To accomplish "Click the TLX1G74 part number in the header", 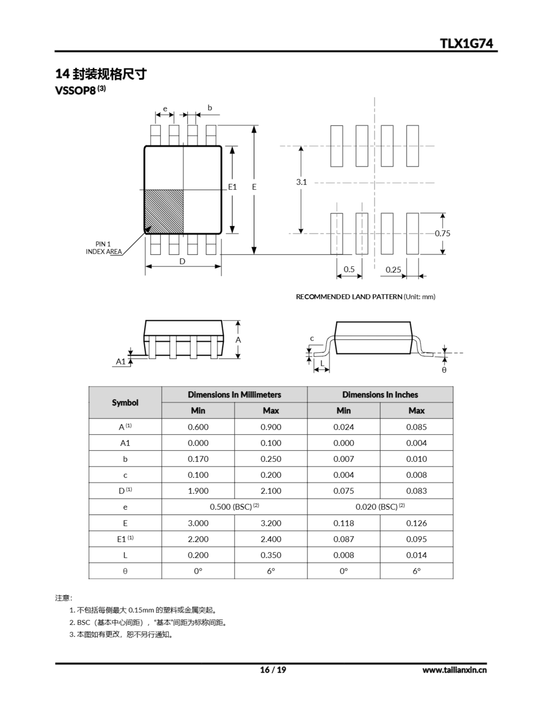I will coord(466,43).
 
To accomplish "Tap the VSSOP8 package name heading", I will coord(76,91).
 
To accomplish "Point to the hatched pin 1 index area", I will coord(164,211).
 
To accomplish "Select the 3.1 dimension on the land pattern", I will coord(301,182).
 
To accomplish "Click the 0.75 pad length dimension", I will coord(443,233).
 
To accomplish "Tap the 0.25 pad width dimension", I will coord(393,270).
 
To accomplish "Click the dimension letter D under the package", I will coord(182,262).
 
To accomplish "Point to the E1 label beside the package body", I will coord(232,187).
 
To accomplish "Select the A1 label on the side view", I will coord(121,362).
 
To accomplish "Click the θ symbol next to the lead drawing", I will coord(444,370).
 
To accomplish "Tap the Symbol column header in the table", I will coord(125,403).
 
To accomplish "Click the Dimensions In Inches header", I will coord(380,395).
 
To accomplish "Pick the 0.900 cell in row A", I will coord(271,427).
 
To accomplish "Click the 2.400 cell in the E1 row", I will coord(271,539).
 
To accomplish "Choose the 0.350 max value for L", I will coord(271,555).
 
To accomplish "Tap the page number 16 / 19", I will coord(273,670).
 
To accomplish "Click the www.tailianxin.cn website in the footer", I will coord(454,670).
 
